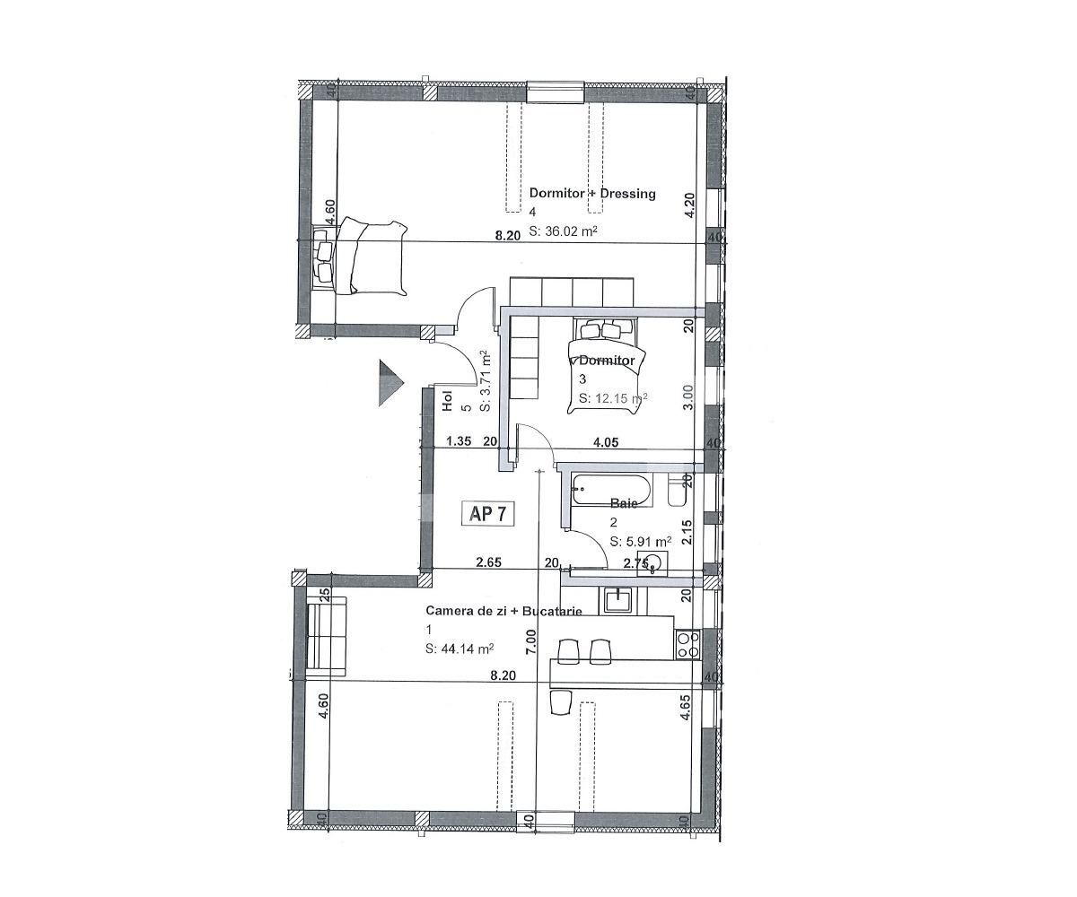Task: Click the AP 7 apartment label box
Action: click(489, 514)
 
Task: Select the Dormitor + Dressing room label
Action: click(592, 193)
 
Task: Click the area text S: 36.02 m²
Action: click(564, 231)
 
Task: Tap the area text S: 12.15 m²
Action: click(613, 398)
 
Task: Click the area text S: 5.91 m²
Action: click(641, 542)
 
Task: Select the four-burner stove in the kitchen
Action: click(687, 644)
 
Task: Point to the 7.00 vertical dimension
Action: click(531, 639)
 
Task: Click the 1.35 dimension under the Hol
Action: click(459, 441)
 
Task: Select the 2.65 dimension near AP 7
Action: click(488, 562)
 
